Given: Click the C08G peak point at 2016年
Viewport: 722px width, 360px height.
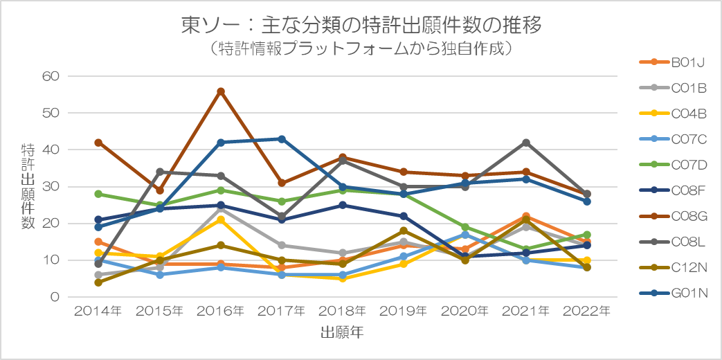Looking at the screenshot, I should coord(221,91).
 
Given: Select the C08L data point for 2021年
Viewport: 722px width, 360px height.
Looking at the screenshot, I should coord(526,143).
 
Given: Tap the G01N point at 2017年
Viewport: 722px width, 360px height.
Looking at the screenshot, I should coord(282,139).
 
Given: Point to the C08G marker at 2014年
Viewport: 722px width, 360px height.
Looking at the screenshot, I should coord(98,143).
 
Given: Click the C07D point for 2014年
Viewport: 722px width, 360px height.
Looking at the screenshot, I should coord(98,194).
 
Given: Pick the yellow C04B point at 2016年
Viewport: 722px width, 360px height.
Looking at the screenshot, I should coord(221,220).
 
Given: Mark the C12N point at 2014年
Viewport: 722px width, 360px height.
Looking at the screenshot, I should coord(98,282).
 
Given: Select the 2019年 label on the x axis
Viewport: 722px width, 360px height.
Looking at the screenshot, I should coord(404,312).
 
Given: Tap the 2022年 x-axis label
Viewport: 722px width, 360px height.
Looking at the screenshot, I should coord(587,312).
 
